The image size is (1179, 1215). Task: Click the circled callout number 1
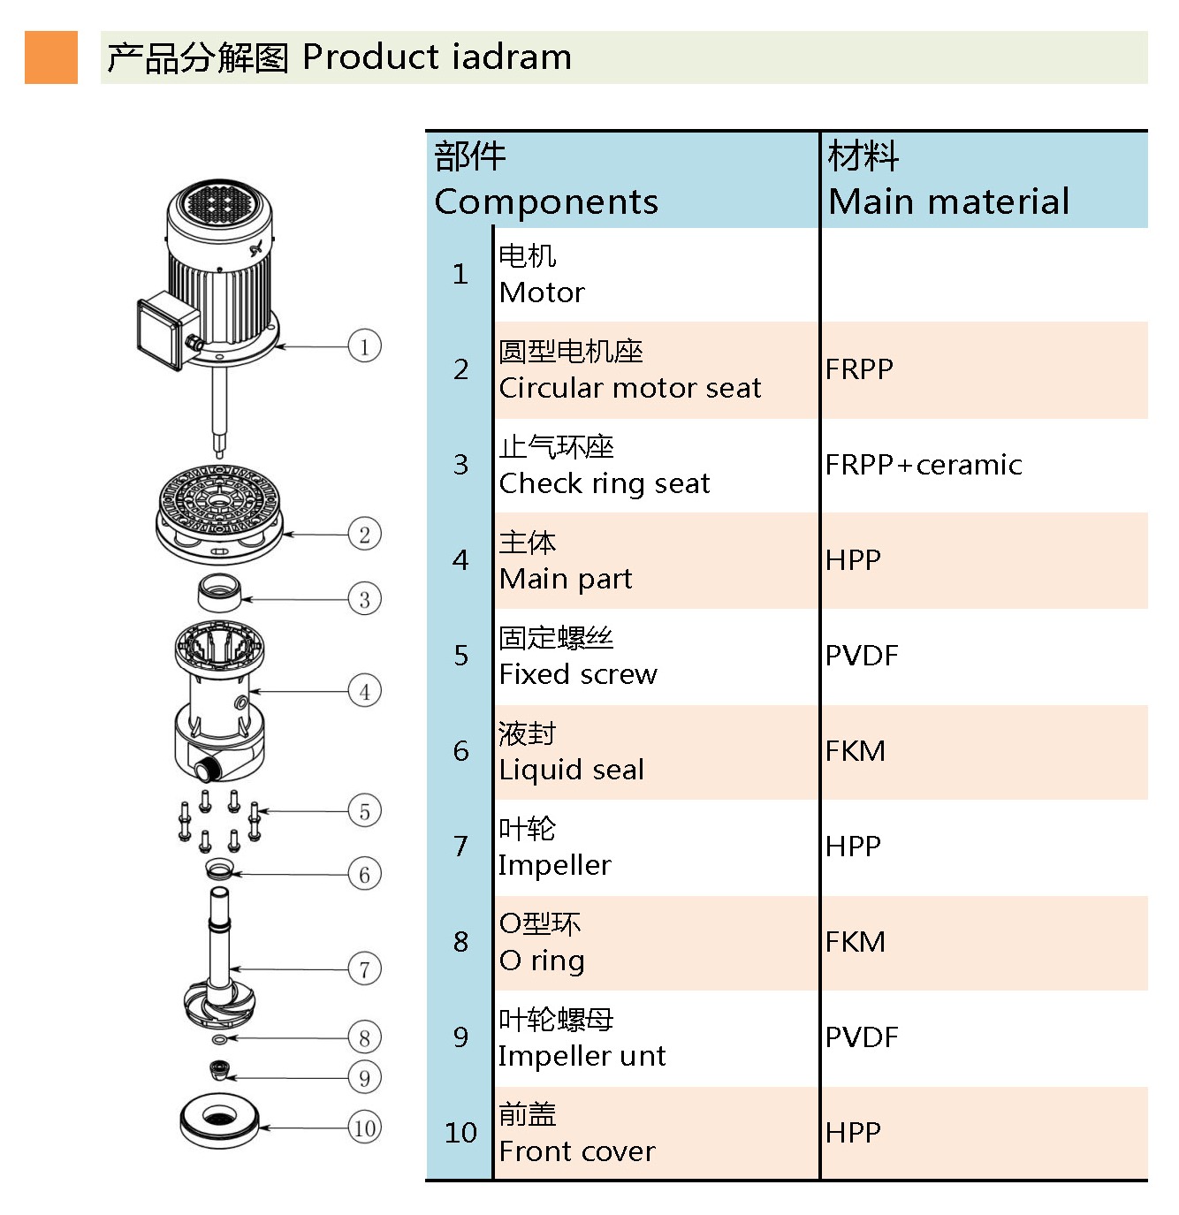(x=364, y=346)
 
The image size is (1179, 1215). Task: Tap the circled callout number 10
(x=364, y=1128)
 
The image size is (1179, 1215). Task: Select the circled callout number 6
(x=364, y=875)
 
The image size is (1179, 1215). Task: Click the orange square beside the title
(x=51, y=57)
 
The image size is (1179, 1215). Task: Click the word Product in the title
(x=370, y=57)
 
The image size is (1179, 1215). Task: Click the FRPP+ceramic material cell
(x=924, y=465)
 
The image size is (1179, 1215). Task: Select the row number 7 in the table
(x=460, y=847)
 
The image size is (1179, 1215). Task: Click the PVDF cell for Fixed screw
(x=862, y=656)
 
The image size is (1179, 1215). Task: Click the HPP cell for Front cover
(x=853, y=1133)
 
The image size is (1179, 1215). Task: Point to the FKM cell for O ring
(x=855, y=942)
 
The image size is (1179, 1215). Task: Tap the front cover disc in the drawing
(x=218, y=1120)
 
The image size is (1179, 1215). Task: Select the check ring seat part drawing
(x=218, y=592)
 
